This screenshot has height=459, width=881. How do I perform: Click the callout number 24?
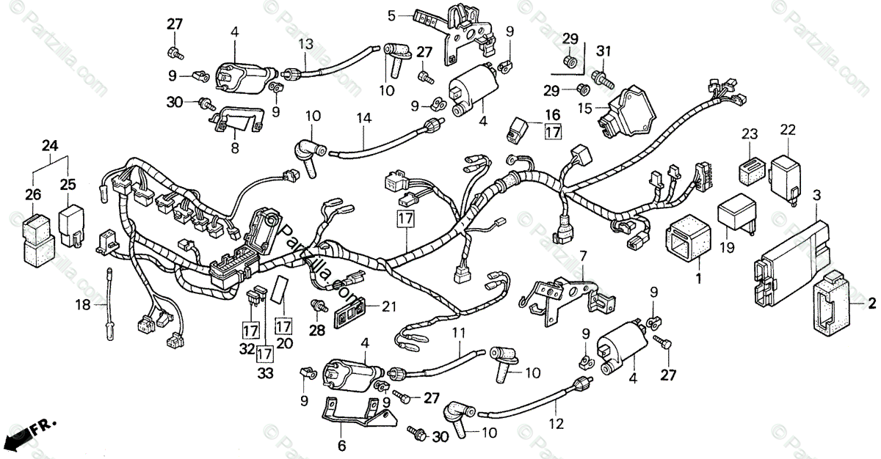49,145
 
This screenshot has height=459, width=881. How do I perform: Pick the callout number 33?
265,372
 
